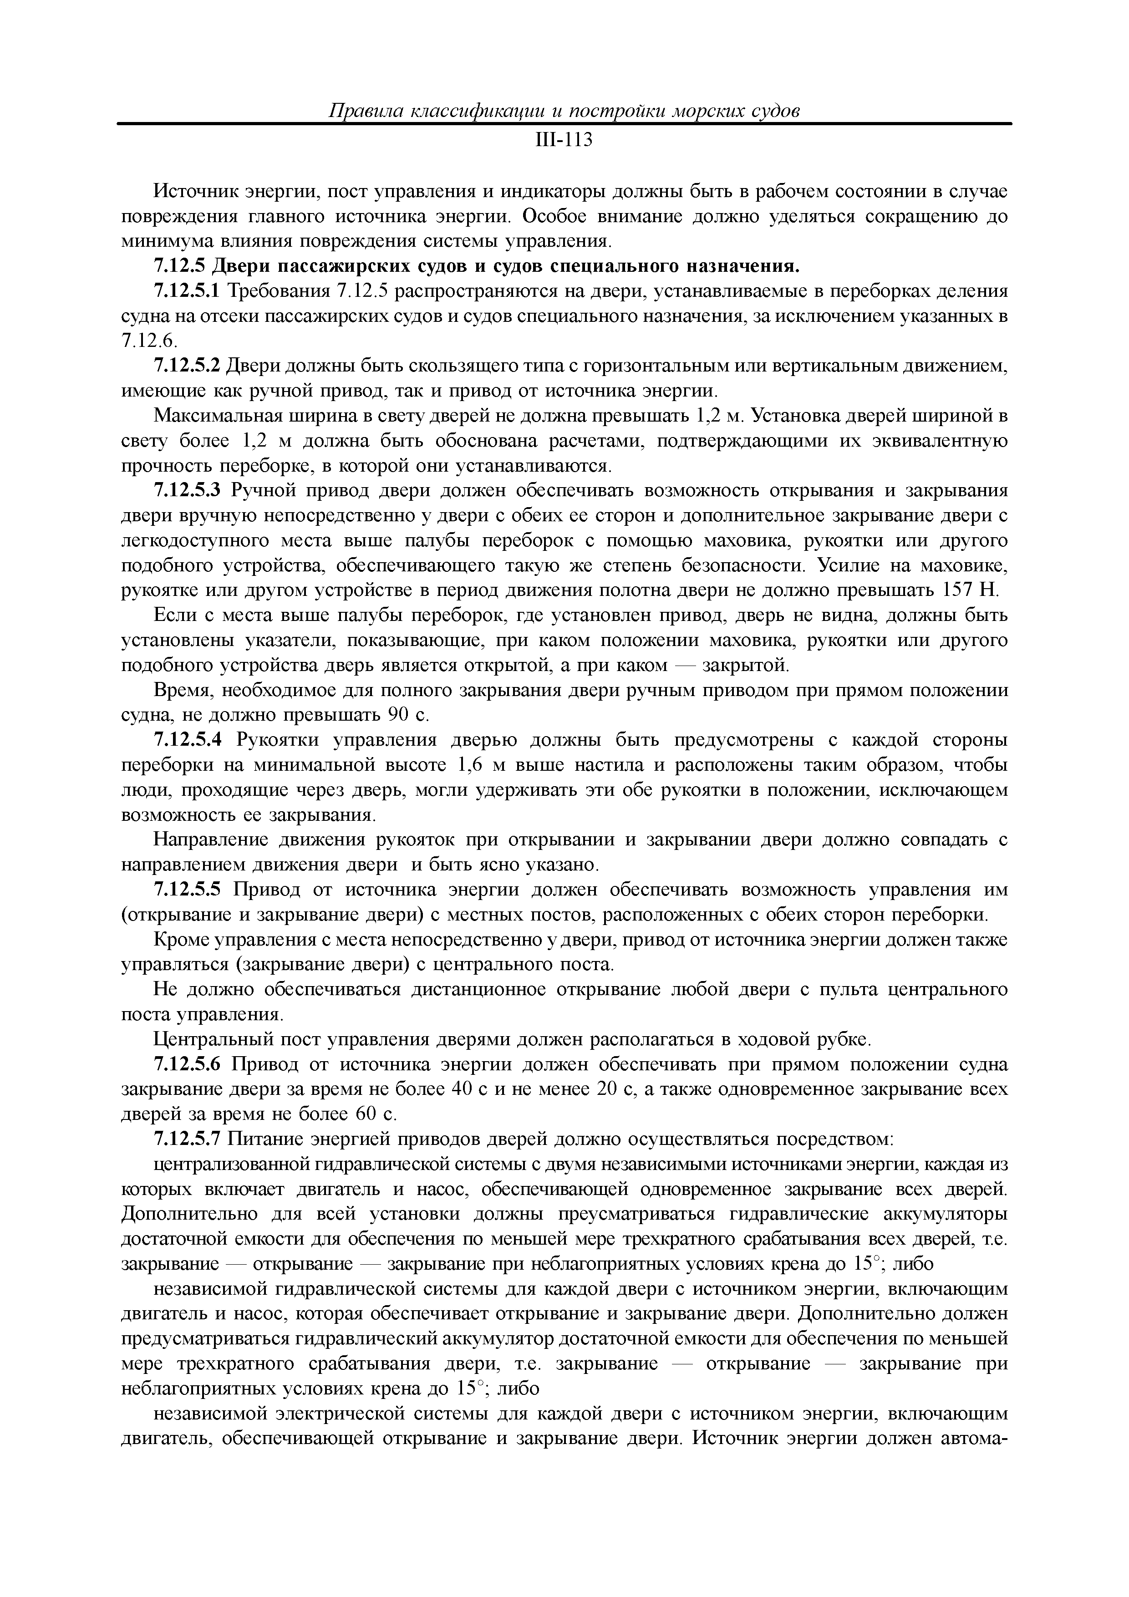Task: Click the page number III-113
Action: click(x=564, y=141)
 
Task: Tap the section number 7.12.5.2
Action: click(x=186, y=365)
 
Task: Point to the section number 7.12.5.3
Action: click(x=186, y=490)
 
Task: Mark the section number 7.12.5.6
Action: click(x=186, y=1065)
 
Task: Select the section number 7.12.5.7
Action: click(x=186, y=1140)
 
